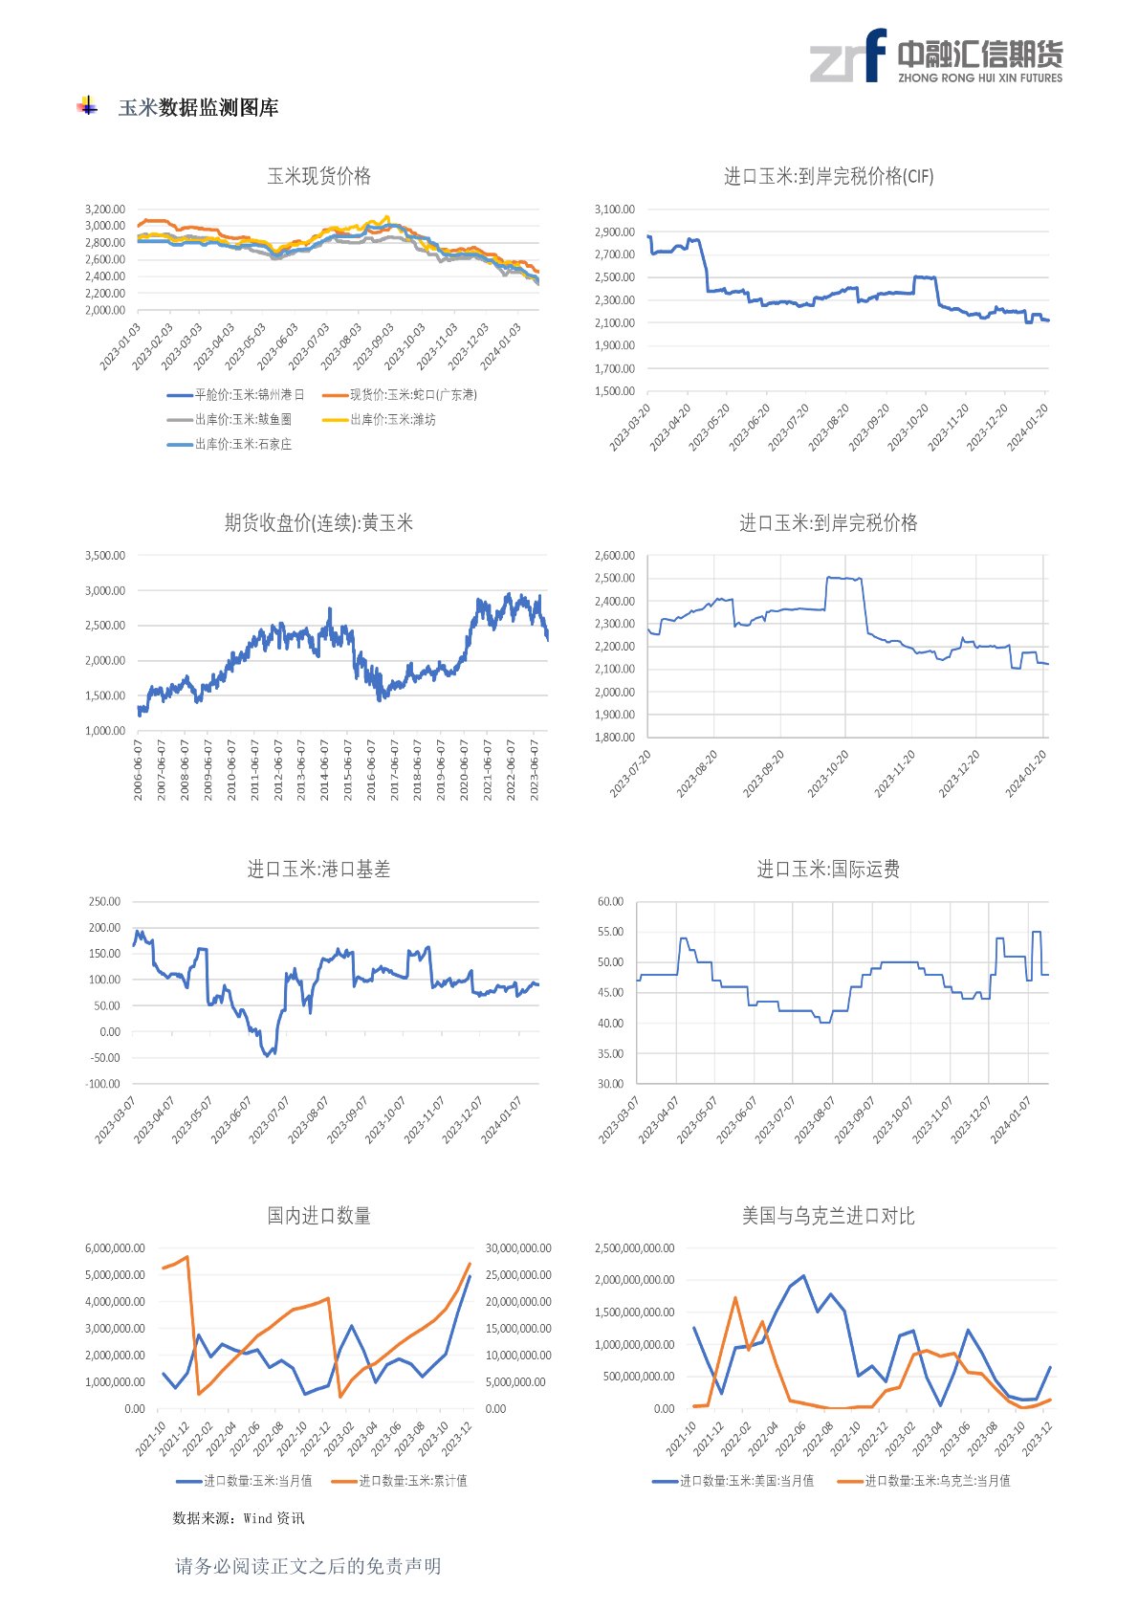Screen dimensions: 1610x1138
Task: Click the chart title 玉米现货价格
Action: coord(318,176)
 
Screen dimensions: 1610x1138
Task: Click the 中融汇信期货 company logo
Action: coord(935,56)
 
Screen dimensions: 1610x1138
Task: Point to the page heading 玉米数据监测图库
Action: coord(198,108)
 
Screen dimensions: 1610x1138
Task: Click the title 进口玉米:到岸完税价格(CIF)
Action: coord(828,176)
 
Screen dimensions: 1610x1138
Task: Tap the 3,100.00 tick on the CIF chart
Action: coord(614,210)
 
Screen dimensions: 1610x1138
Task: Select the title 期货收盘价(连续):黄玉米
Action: coord(318,523)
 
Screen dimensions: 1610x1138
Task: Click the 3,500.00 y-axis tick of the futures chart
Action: coord(105,556)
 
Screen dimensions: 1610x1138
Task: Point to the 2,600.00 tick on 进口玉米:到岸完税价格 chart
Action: coord(614,556)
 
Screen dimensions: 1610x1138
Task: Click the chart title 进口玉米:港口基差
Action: coord(318,870)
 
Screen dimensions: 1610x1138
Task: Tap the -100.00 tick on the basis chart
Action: coord(103,1084)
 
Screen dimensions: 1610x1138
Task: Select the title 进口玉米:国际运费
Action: coord(828,870)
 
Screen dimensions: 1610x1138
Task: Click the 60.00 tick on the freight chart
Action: coord(610,902)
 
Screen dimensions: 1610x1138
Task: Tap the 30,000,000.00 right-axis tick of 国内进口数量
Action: coord(518,1248)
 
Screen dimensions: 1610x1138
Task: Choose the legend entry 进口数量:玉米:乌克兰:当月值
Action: coord(937,1481)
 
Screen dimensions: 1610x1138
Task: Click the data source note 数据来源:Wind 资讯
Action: coord(238,1518)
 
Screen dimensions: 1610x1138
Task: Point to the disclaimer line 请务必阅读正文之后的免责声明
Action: coord(308,1566)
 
